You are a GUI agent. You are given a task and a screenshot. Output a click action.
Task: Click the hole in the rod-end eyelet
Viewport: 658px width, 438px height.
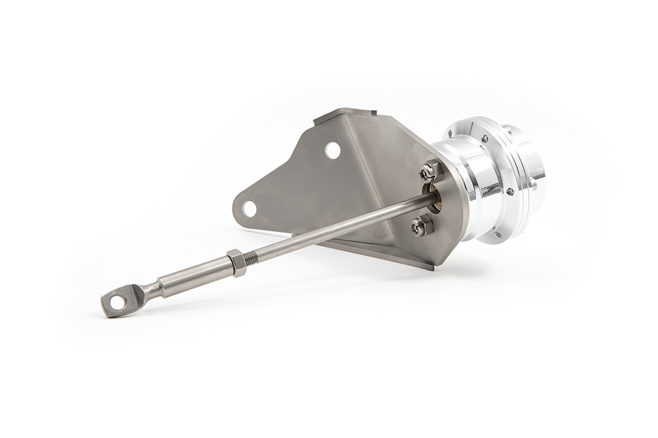point(117,303)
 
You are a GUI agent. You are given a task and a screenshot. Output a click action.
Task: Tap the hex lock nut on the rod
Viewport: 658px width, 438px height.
point(236,262)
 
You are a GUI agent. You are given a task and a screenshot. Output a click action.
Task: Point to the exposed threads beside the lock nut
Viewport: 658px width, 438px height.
point(254,255)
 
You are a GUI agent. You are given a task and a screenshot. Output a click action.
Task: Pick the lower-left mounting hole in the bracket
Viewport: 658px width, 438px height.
point(249,209)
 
